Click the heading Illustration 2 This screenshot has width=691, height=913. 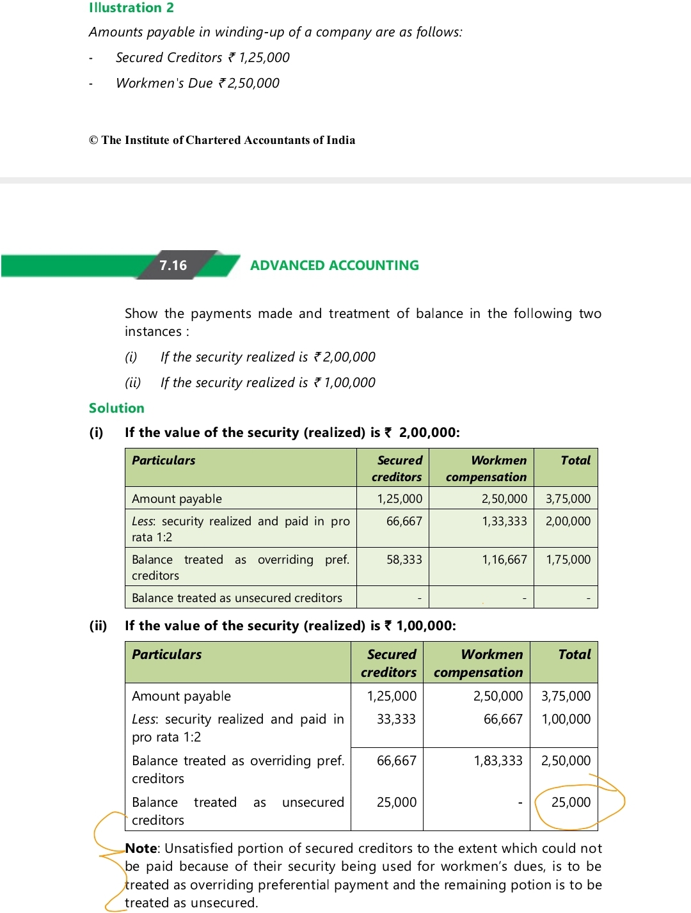[x=131, y=8]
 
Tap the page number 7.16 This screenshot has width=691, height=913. [x=173, y=265]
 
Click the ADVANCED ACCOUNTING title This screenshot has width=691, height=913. [x=334, y=265]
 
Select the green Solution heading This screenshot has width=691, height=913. [x=116, y=408]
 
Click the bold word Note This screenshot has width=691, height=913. [x=141, y=848]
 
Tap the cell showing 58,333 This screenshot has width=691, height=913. [x=404, y=559]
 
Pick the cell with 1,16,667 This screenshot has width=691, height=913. [x=504, y=559]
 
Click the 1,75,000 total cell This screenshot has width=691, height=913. [x=568, y=559]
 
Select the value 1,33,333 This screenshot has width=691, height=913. [x=504, y=521]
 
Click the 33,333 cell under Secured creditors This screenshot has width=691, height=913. [x=396, y=719]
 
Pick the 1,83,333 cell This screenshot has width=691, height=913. [x=498, y=760]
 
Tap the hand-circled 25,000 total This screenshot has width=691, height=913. [x=571, y=802]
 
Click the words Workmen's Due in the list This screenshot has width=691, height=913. [x=164, y=83]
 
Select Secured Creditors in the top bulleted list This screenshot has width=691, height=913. [x=169, y=58]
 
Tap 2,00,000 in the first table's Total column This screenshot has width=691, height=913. [x=568, y=521]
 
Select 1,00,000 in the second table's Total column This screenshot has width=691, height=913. [x=566, y=719]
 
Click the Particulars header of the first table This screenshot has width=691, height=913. [x=163, y=460]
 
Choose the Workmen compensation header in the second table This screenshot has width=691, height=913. [x=478, y=663]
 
